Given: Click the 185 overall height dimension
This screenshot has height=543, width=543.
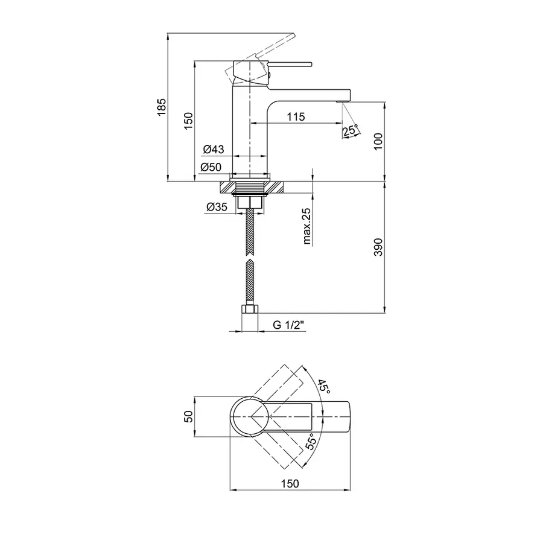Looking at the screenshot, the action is tap(162, 107).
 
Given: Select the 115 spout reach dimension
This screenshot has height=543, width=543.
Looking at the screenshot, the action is tap(296, 116).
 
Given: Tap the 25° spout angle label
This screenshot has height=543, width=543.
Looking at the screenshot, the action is tap(350, 130).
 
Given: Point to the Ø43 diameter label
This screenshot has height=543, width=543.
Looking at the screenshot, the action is tap(214, 149).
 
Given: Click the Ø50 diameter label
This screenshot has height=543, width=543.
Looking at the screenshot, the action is tap(211, 167).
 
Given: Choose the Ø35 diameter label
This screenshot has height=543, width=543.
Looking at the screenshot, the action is tap(217, 207).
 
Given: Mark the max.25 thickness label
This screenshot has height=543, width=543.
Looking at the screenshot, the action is tap(306, 226).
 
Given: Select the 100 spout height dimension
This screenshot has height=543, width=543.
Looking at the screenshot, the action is tap(378, 141).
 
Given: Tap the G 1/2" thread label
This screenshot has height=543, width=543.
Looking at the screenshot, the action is tap(288, 325).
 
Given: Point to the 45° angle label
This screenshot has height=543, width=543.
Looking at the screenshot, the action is tap(324, 386).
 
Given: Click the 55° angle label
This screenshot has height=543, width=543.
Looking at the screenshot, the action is tap(311, 441).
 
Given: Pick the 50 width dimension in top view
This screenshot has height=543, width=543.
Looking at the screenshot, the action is tap(188, 416).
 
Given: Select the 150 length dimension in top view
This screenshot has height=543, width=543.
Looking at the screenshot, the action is tap(290, 483).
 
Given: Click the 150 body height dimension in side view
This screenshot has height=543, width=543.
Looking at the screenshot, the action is tap(188, 121).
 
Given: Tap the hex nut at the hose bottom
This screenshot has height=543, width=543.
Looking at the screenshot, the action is tap(250, 309).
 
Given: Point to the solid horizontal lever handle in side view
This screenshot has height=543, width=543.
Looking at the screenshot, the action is tap(290, 64).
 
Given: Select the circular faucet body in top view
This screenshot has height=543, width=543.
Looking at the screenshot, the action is tap(249, 416).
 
